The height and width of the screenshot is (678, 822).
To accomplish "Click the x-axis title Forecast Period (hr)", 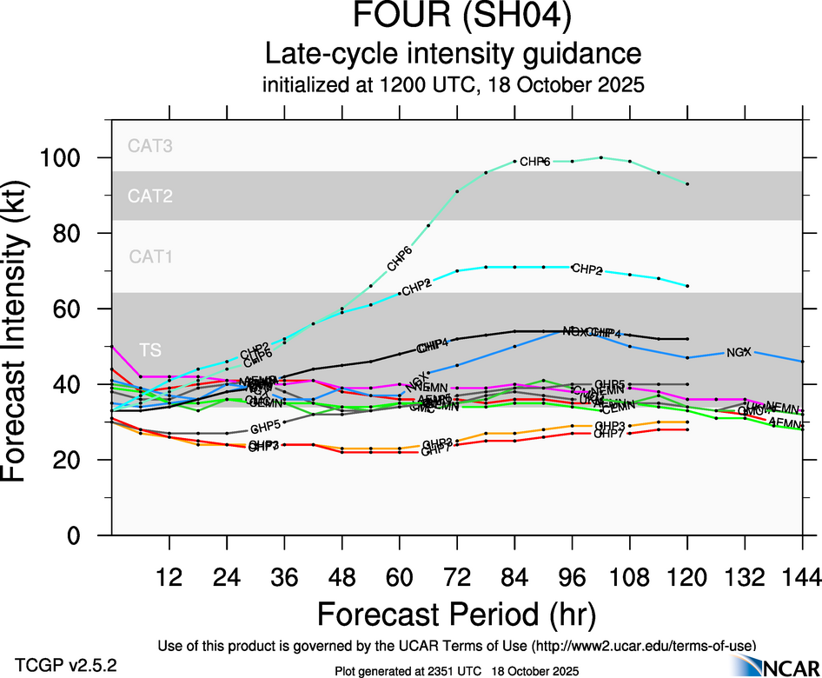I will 456,614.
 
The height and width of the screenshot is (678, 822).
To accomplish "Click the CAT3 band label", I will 150,146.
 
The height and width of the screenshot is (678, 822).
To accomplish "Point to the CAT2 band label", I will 150,196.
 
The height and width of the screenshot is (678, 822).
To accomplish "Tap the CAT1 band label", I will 150,256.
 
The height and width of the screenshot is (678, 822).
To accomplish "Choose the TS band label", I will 150,349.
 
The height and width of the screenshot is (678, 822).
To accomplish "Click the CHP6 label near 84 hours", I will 535,162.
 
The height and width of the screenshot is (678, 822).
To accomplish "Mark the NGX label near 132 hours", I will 739,352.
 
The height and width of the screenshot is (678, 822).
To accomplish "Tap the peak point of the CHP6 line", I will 601,157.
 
